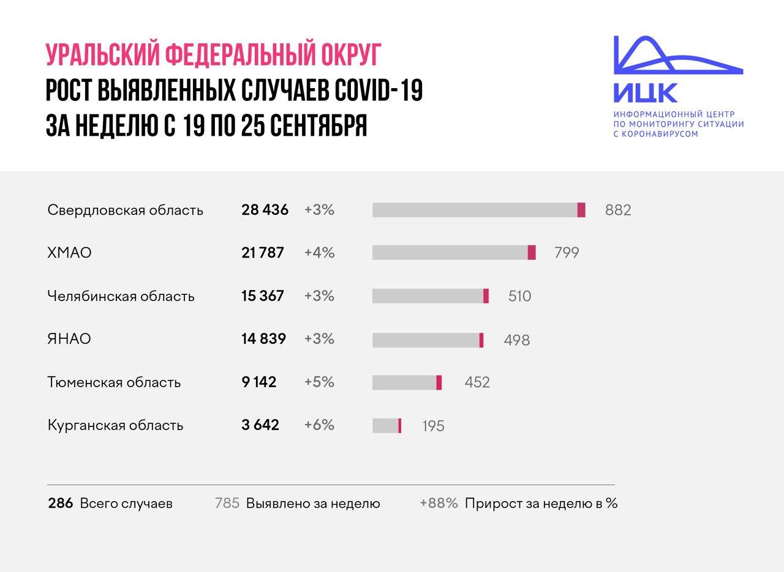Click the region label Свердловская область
click(125, 210)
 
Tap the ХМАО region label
click(69, 253)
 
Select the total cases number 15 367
click(263, 296)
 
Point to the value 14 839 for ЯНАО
click(263, 339)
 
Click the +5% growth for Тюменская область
click(319, 382)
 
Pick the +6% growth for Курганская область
click(319, 425)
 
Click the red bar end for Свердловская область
click(581, 210)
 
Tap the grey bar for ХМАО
click(450, 253)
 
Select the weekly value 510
click(519, 297)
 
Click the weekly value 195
click(433, 426)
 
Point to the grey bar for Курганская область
click(385, 426)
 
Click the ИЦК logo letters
click(646, 93)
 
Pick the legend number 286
click(61, 503)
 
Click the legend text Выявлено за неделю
click(313, 503)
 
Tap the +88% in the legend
click(439, 503)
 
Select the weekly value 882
click(617, 210)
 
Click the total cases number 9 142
click(258, 382)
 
